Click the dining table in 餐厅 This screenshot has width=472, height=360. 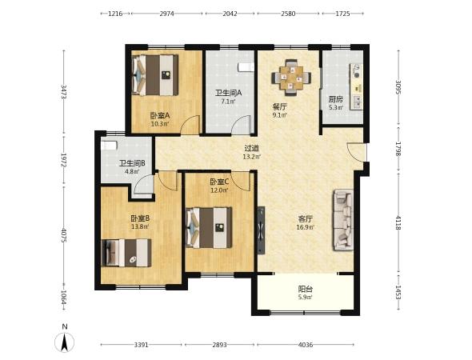tap(291, 78)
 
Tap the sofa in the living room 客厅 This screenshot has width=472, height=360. tap(342, 220)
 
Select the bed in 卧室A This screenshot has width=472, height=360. tap(155, 75)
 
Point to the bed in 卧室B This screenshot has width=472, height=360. tap(126, 253)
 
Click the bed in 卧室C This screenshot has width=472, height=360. tap(209, 227)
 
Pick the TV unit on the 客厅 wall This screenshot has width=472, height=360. tap(261, 230)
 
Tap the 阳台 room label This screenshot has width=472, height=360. tap(306, 289)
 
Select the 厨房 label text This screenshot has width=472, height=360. tap(336, 99)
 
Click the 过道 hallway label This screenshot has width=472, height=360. tap(252, 148)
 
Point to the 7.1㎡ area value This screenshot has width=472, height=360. tap(229, 101)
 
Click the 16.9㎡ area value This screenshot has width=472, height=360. tap(306, 227)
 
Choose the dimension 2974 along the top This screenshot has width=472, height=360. tap(166, 14)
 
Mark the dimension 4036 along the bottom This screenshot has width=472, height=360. tap(306, 345)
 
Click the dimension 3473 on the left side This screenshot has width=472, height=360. tap(64, 92)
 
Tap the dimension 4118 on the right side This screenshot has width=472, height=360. tap(398, 222)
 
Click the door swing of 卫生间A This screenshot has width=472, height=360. tap(242, 125)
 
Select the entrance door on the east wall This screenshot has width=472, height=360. tap(357, 152)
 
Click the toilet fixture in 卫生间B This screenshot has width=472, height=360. tap(109, 145)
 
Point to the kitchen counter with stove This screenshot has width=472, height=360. tap(356, 86)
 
